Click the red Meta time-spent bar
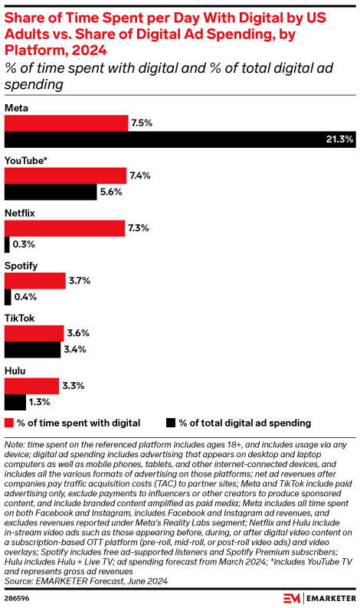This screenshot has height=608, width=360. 66,123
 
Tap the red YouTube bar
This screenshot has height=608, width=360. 65,175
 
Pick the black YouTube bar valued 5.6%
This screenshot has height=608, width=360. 51,192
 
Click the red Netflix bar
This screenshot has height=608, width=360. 64,228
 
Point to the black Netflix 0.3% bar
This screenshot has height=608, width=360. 7,245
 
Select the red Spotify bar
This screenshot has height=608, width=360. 34,281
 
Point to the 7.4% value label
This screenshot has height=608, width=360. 140,175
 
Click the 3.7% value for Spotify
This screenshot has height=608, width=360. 80,281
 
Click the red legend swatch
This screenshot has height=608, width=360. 9,423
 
